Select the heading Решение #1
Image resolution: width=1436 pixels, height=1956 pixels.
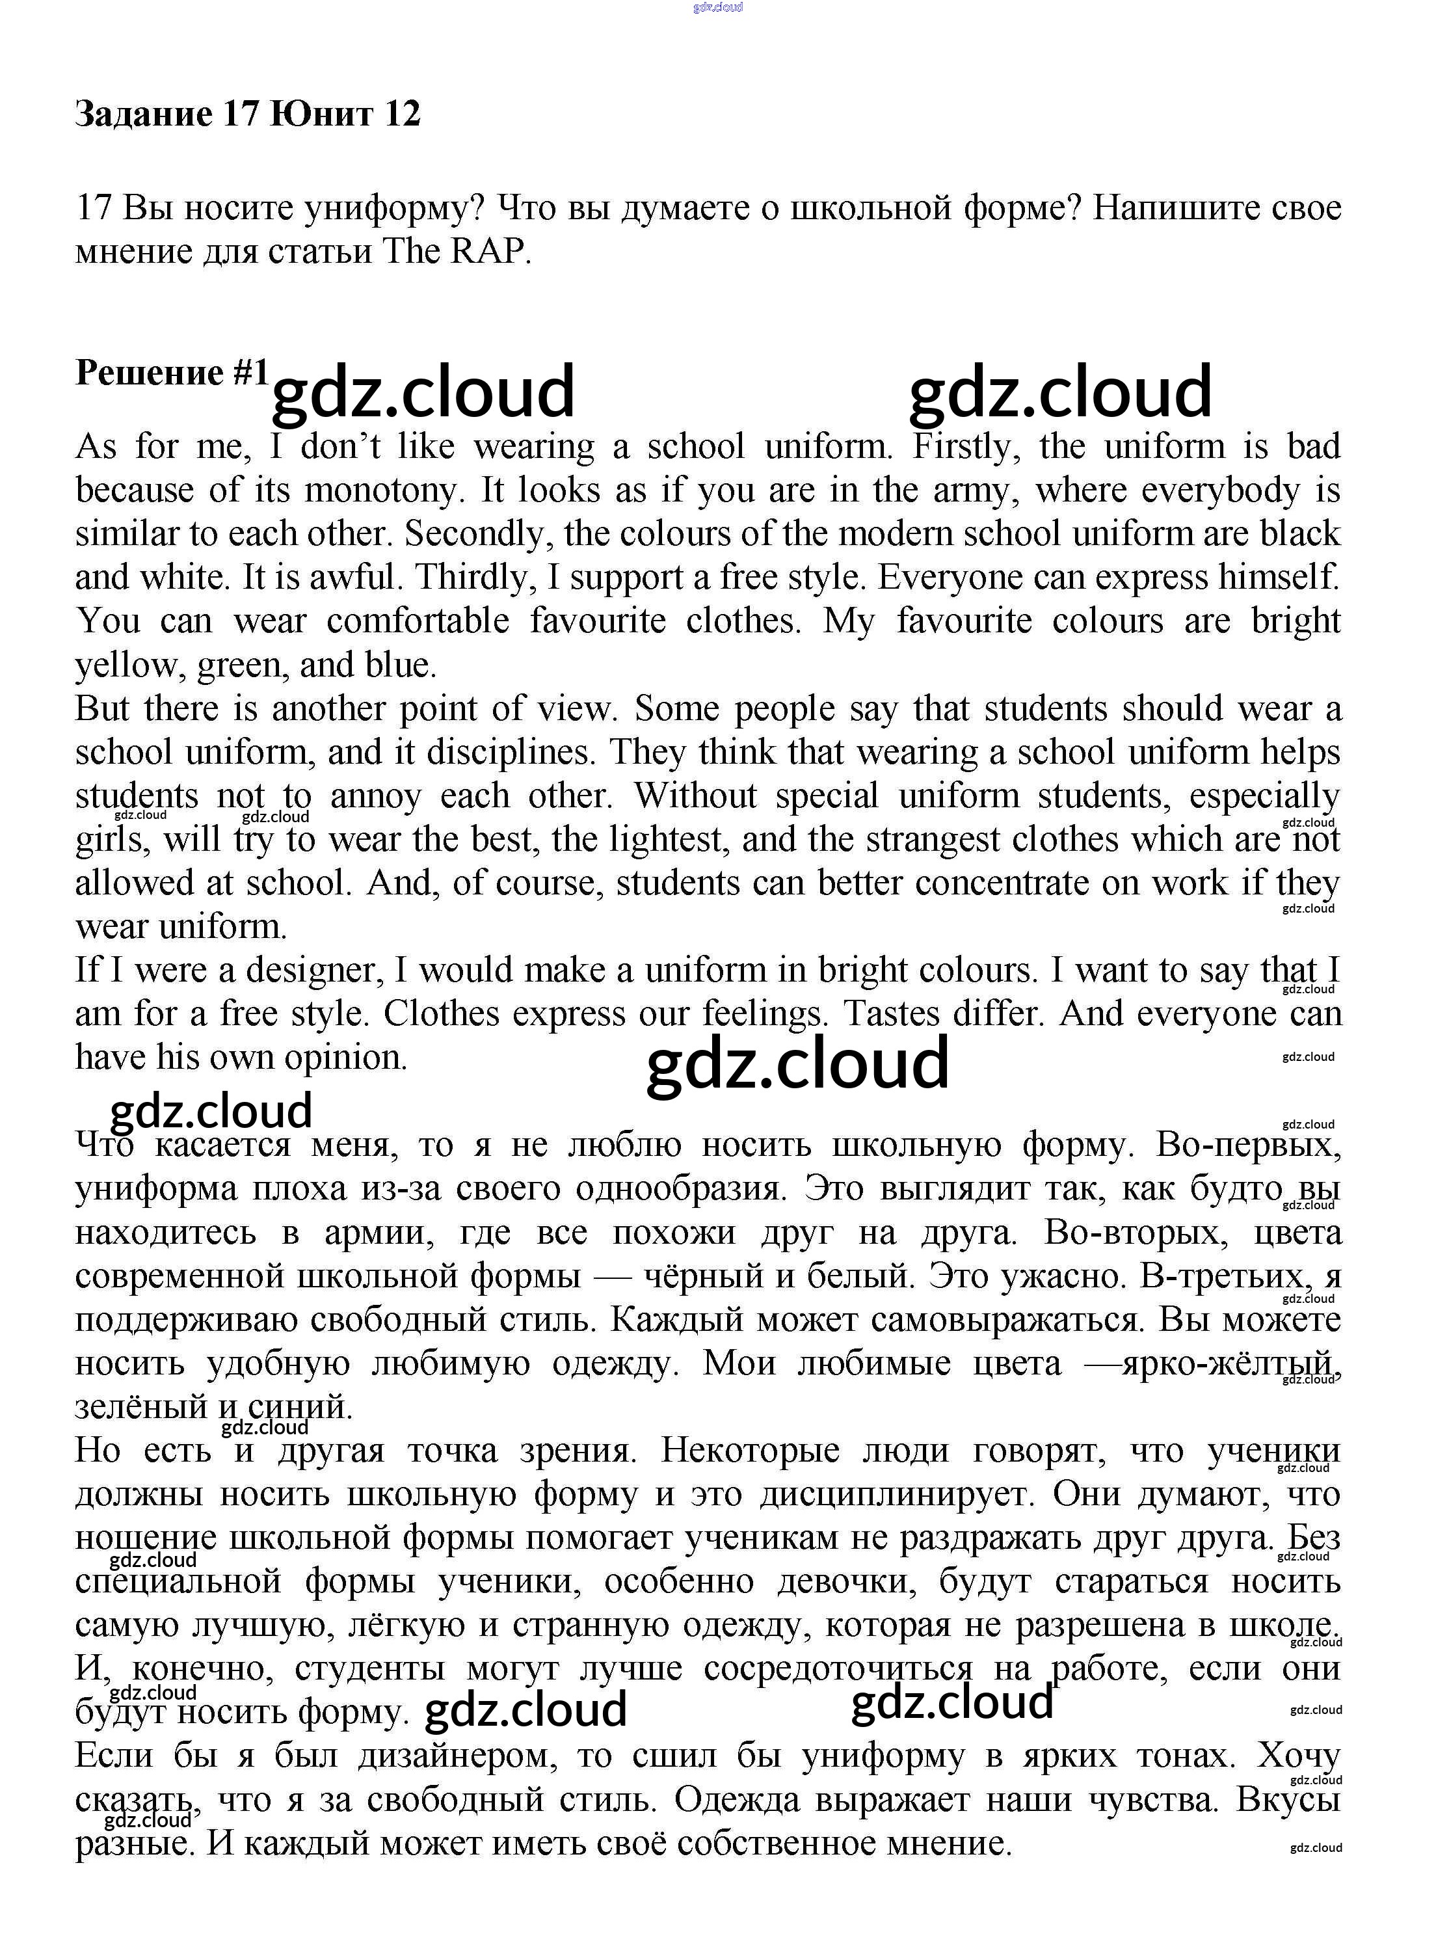(x=172, y=372)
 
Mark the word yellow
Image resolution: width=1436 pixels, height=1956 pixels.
(x=126, y=666)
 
